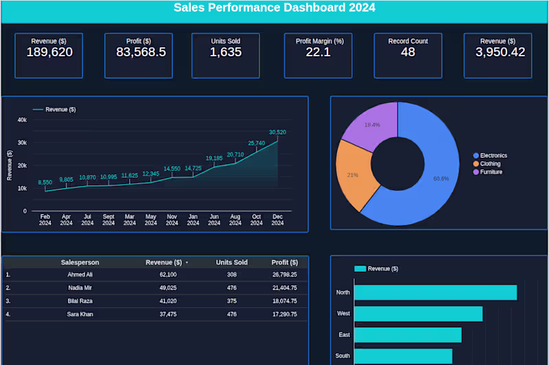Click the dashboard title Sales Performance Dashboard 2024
pos(274,8)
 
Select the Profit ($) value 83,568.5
pos(141,52)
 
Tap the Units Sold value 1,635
pos(225,52)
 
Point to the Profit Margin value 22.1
pos(318,52)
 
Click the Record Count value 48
pos(408,52)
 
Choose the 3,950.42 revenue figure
pos(500,52)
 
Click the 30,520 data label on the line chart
pos(277,132)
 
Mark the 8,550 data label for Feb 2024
pos(45,182)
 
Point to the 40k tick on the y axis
pos(22,120)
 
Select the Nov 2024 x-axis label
pos(172,219)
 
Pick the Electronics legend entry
pos(493,156)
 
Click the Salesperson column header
pos(80,262)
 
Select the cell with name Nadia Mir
pos(80,287)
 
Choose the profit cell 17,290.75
pos(284,314)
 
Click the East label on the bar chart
pos(344,335)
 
